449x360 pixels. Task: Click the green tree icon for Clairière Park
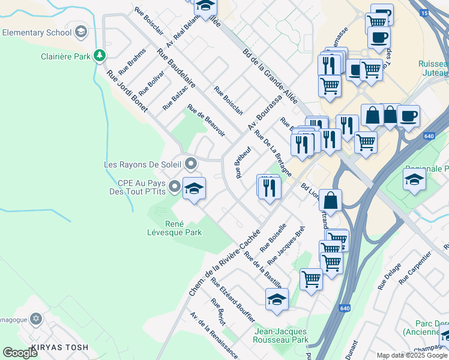[x=100, y=56]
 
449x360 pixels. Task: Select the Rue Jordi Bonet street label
[x=127, y=91]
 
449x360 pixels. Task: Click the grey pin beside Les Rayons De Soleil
[x=191, y=163]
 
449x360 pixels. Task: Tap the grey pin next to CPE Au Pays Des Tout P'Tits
[x=175, y=187]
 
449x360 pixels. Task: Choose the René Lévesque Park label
[x=175, y=227]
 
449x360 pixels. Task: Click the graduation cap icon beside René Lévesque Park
[x=194, y=189]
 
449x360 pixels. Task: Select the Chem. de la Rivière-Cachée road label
[x=224, y=262]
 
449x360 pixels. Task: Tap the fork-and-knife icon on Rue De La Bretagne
[x=269, y=187]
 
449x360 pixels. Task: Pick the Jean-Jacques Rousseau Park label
[x=281, y=335]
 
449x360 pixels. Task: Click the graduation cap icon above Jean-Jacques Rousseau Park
[x=277, y=300]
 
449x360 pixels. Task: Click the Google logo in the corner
[x=20, y=352]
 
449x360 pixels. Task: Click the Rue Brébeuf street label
[x=244, y=163]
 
